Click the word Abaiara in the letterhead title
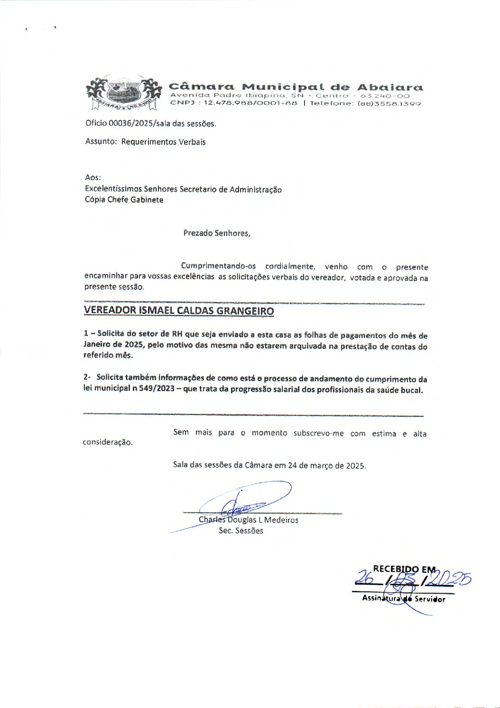(x=389, y=87)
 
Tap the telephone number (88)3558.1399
(x=389, y=103)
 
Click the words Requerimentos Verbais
(x=163, y=142)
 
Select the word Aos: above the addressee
(x=93, y=177)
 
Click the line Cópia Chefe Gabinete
(x=124, y=200)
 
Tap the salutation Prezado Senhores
(x=216, y=233)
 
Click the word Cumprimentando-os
(x=218, y=266)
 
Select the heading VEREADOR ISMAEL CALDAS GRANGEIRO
(x=179, y=311)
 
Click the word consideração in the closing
(x=108, y=442)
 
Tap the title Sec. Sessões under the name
(x=241, y=531)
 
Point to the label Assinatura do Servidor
(x=404, y=599)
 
